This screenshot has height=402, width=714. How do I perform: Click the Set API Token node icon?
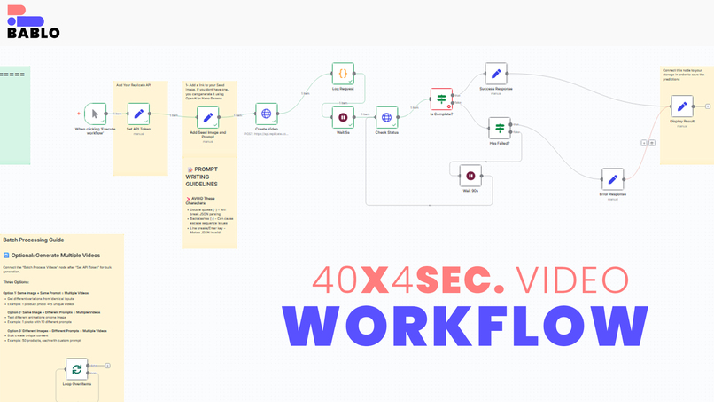point(138,114)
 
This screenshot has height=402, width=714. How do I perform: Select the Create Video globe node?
point(266,114)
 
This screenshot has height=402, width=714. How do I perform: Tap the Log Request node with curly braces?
point(343,73)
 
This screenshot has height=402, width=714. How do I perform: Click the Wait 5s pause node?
point(343,116)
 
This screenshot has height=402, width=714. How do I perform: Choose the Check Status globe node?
point(386,117)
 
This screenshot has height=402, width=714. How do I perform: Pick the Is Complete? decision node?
point(441,99)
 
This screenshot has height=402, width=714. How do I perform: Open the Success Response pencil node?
point(496,74)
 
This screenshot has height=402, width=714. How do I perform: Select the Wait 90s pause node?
point(470,175)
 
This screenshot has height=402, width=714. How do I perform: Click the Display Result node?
point(680,106)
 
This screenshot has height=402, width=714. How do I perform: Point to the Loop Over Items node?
point(76,369)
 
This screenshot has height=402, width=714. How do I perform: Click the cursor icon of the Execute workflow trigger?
point(96,114)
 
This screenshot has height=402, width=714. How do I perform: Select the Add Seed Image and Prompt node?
point(207,117)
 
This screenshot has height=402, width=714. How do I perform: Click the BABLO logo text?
point(33,33)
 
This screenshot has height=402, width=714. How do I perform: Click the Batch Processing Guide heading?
point(33,240)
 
